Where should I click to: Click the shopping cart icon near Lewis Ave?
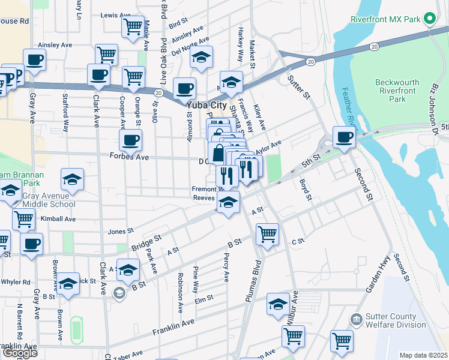(x=132, y=26)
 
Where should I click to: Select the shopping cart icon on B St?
(x=267, y=233)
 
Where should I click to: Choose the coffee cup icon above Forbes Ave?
(x=130, y=140)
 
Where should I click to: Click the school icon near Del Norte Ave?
(x=201, y=57)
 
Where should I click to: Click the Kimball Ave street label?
(x=58, y=219)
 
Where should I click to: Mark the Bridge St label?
(x=146, y=242)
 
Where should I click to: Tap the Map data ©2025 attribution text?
(x=423, y=355)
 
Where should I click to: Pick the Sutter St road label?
(x=298, y=87)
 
